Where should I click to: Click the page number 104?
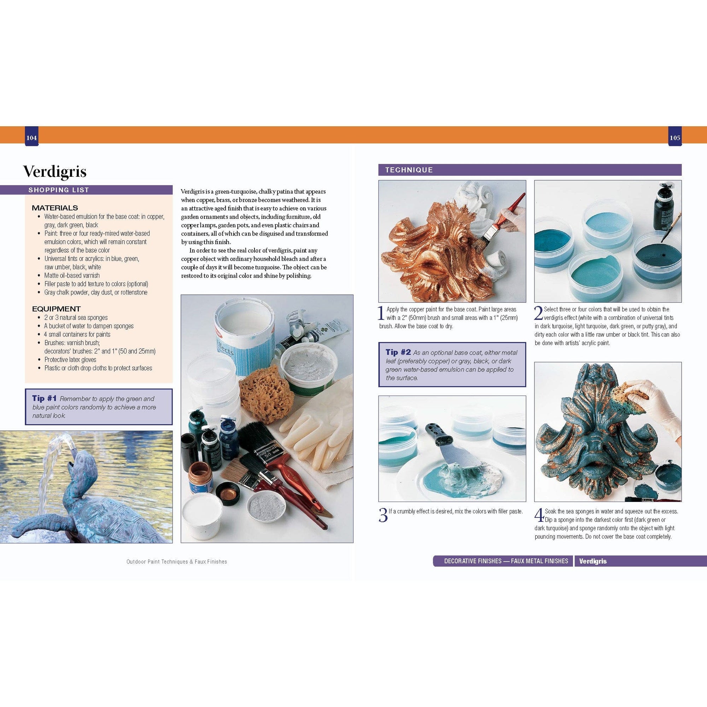click(31, 138)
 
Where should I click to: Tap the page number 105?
click(675, 138)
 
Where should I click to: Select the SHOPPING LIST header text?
click(59, 190)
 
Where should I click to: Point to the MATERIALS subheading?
click(55, 208)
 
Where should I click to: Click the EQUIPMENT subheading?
click(56, 309)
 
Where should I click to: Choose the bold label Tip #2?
click(398, 352)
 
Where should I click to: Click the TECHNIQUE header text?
click(409, 170)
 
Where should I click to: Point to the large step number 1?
click(381, 314)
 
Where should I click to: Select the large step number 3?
click(383, 515)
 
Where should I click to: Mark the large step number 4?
click(539, 515)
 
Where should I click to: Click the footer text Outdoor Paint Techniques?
click(176, 561)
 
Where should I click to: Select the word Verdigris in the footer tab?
click(593, 561)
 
